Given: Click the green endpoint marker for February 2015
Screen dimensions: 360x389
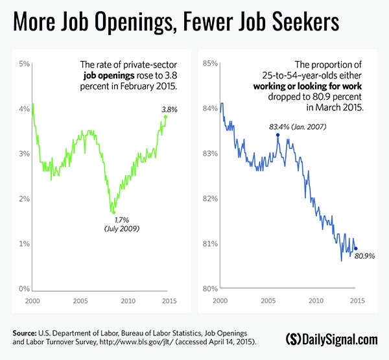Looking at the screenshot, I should pos(166,117).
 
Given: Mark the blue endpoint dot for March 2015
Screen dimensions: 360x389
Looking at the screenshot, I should pos(355,248).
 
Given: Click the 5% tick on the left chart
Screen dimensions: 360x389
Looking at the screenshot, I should pos(24,64).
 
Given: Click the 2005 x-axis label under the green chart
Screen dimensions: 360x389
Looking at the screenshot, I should pos(80,302).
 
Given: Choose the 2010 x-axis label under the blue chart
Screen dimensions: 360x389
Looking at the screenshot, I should pos(316,302).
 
